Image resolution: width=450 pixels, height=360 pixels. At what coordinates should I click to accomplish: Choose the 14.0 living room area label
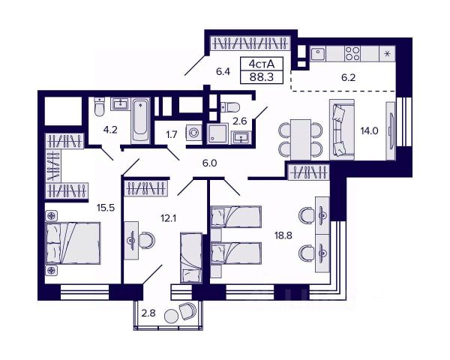(370, 130)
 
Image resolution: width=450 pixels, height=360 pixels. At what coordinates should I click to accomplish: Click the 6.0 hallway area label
(209, 162)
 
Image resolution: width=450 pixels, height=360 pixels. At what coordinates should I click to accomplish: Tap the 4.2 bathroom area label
(110, 128)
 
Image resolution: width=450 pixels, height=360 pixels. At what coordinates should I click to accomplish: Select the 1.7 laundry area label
(171, 136)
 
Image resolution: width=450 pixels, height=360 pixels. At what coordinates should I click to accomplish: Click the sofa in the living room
(341, 129)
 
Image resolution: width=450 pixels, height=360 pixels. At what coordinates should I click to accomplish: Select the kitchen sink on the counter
(318, 54)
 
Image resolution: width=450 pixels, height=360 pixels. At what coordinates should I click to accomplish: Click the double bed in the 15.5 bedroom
(73, 243)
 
